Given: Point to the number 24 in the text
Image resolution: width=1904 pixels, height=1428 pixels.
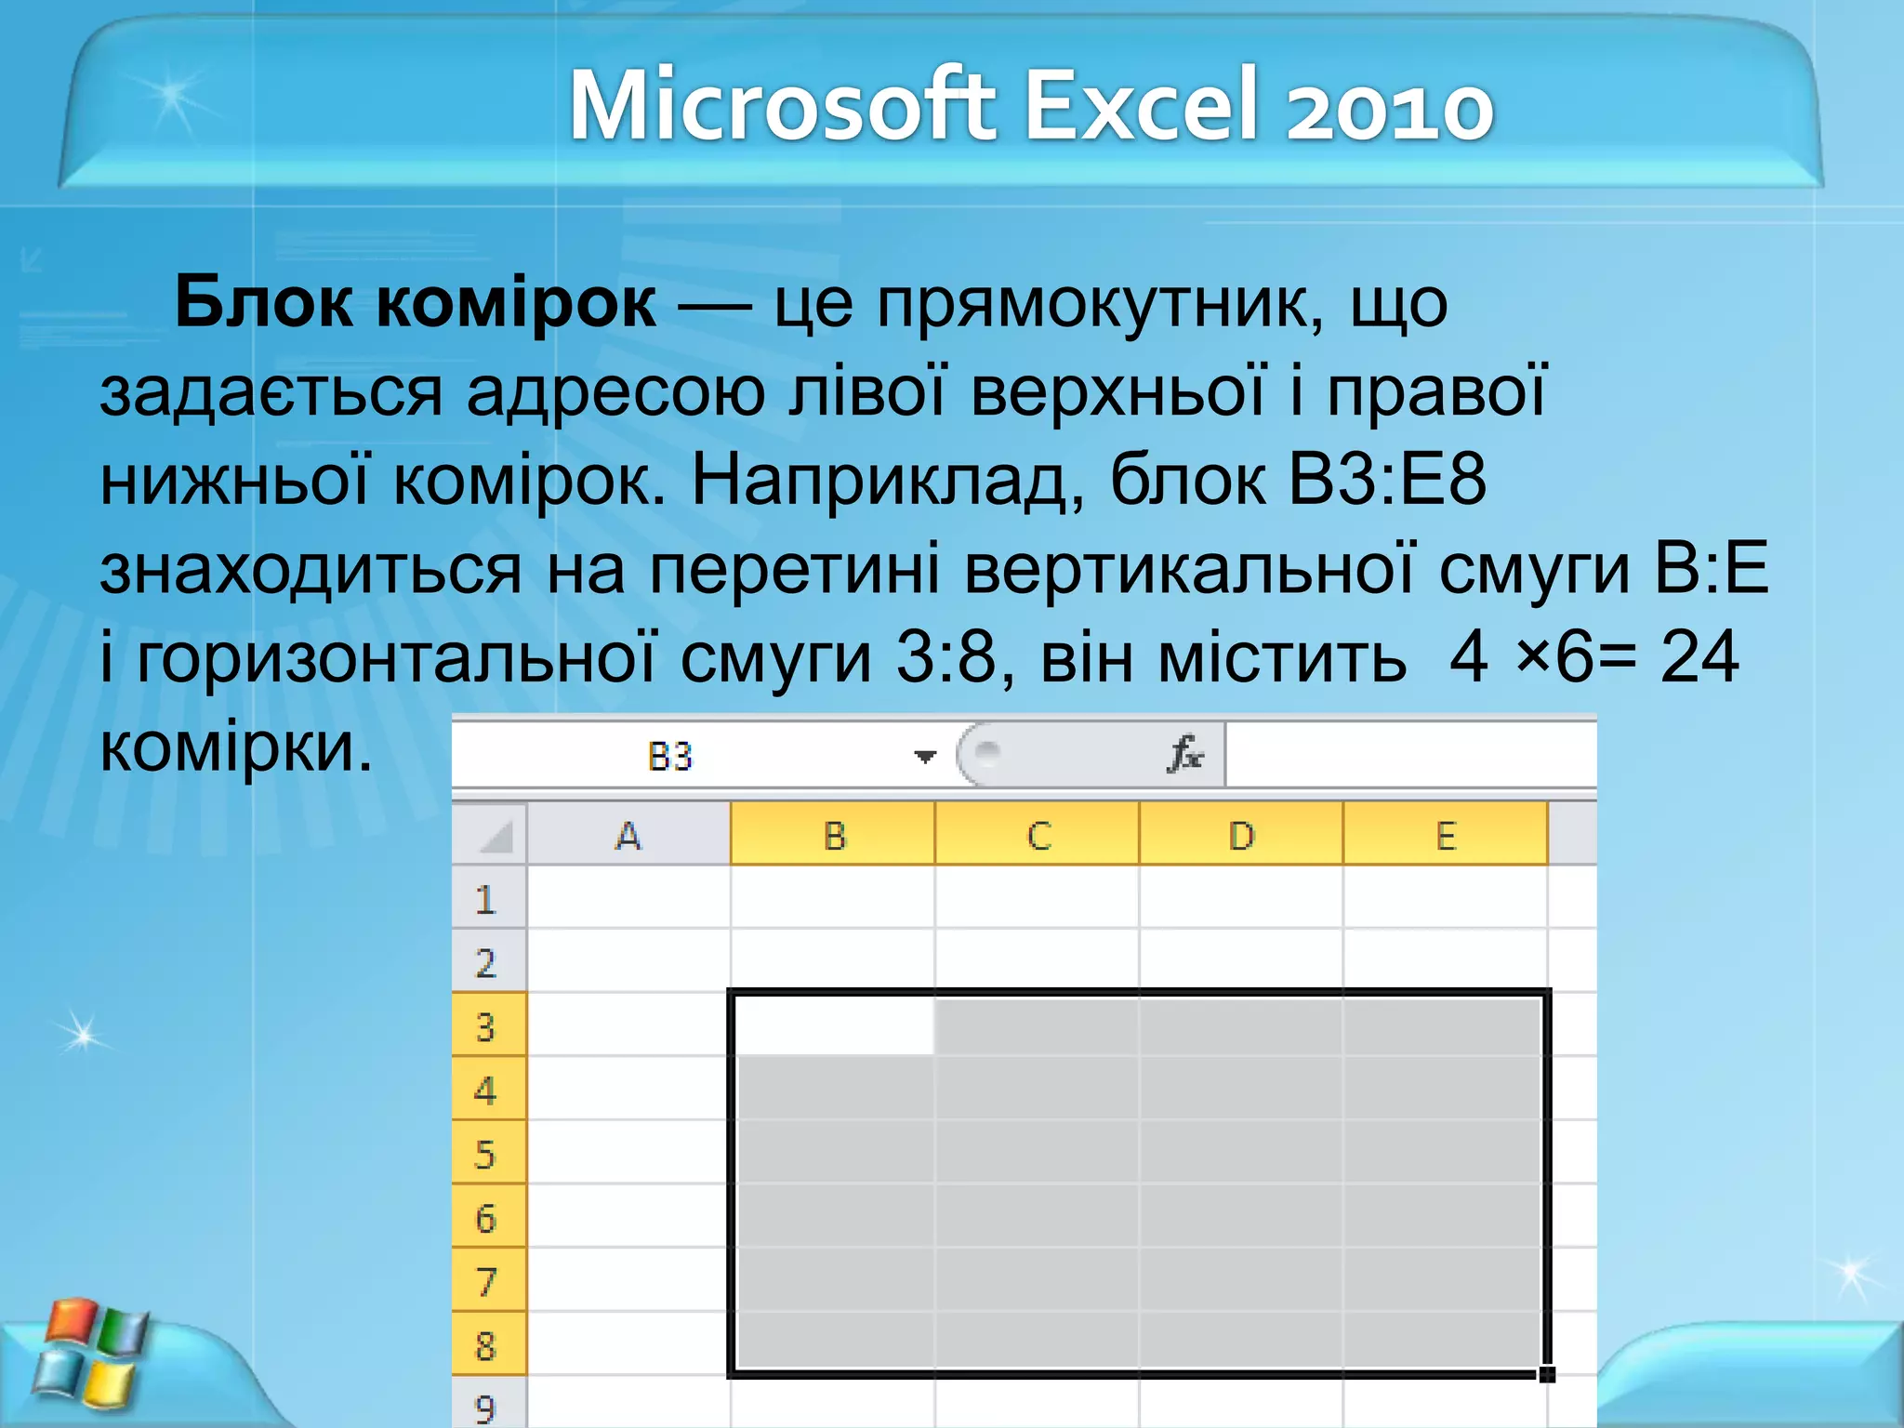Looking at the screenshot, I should click(1699, 657).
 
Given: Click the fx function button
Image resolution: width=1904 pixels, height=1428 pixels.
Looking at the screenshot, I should click(1185, 754).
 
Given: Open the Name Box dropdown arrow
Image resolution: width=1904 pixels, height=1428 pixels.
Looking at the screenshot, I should click(924, 757).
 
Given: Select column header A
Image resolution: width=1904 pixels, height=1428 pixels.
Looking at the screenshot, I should click(628, 836).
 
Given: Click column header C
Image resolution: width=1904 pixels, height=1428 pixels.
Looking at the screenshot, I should click(1038, 836).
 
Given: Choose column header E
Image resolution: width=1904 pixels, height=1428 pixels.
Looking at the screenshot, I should click(1446, 836).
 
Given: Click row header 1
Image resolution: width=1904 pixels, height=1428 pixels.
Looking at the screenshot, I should click(486, 899).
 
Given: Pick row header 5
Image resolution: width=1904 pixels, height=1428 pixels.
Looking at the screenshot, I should click(486, 1154).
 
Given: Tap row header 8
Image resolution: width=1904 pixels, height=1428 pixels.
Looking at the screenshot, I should click(486, 1345).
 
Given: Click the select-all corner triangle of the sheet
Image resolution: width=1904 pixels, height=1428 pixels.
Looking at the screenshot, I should click(494, 837).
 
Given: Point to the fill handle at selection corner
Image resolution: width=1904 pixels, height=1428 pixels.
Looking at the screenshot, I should click(1547, 1374).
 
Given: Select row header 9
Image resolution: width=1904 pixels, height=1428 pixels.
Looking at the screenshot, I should click(486, 1408).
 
